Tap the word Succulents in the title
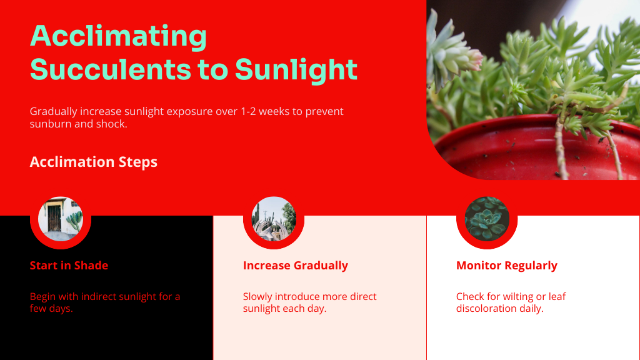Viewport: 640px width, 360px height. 111,69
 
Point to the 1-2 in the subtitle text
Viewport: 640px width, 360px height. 248,111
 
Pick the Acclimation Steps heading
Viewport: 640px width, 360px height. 94,162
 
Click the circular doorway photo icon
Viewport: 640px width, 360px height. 61,219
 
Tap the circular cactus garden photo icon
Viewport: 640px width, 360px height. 274,219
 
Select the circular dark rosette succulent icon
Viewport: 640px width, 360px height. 487,219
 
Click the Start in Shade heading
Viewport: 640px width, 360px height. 69,265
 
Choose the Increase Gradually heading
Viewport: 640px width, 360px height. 296,266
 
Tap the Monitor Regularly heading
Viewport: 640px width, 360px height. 506,266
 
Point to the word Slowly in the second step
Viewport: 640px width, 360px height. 257,297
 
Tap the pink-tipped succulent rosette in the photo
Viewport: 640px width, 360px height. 453,53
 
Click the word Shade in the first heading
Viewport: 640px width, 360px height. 91,265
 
